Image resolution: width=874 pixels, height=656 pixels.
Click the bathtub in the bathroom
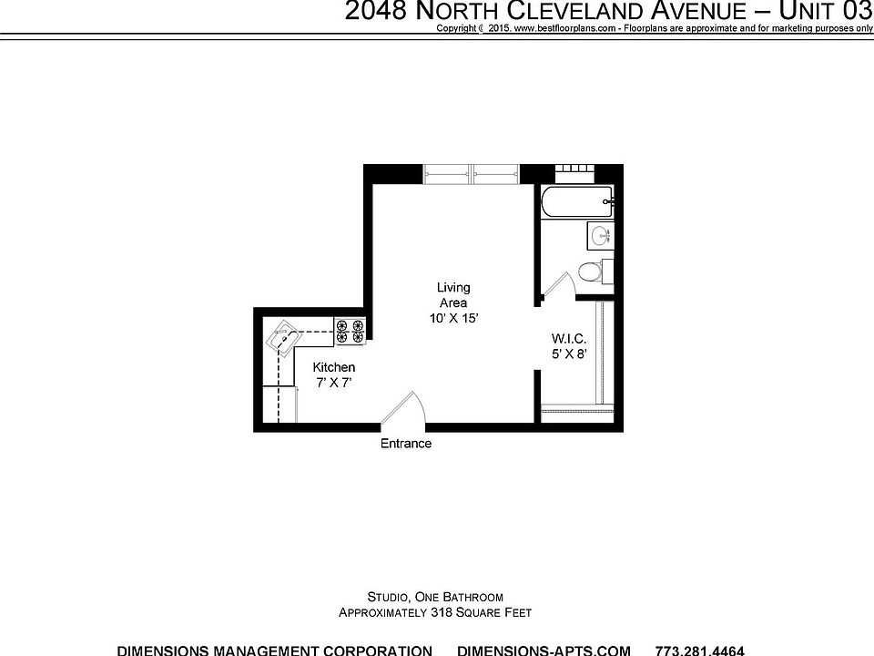[575, 202]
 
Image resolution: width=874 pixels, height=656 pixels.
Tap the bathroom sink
[600, 236]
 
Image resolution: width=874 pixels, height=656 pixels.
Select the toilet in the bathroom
[590, 271]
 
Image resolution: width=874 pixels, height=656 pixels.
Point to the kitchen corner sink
[283, 338]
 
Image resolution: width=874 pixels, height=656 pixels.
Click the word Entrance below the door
[405, 444]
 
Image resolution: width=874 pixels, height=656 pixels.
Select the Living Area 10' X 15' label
[453, 303]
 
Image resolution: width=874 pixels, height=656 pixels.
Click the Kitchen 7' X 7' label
[333, 374]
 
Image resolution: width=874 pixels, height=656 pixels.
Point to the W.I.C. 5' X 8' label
[567, 345]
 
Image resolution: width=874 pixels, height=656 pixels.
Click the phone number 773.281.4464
[699, 650]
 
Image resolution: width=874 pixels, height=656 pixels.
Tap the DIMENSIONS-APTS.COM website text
[544, 650]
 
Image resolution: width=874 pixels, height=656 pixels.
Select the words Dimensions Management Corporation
[275, 650]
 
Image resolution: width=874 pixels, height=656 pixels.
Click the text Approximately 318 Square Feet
[435, 613]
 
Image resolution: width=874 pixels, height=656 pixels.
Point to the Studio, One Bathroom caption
[435, 597]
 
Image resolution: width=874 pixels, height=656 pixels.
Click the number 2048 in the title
[376, 12]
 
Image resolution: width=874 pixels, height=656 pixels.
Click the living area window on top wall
[472, 173]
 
